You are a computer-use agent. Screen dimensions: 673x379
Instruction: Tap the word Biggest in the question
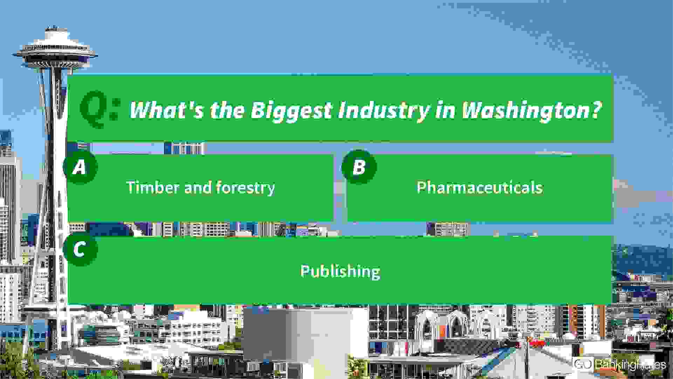click(291, 110)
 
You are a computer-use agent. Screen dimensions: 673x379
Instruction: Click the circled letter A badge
click(80, 167)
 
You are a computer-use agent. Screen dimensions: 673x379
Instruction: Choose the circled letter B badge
click(359, 167)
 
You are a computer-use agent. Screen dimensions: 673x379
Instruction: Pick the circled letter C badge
click(80, 250)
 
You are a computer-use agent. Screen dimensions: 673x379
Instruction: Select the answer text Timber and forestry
click(200, 188)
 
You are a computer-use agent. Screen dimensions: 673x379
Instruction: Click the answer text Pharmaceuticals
click(480, 187)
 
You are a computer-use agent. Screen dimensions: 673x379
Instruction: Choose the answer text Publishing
click(340, 271)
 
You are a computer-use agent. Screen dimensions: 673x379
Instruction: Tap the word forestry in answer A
click(245, 188)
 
